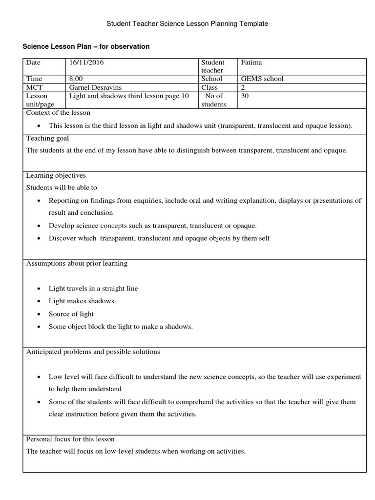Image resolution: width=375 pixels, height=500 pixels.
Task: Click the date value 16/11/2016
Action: pyautogui.click(x=86, y=62)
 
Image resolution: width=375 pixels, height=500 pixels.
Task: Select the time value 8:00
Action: pyautogui.click(x=76, y=79)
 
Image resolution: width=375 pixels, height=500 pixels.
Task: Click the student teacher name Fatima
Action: pyautogui.click(x=251, y=62)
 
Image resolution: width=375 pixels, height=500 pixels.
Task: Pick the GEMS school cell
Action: pyautogui.click(x=262, y=79)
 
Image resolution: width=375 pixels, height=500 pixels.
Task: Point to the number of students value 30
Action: pyautogui.click(x=245, y=96)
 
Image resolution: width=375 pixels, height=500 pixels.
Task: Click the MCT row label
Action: pyautogui.click(x=34, y=87)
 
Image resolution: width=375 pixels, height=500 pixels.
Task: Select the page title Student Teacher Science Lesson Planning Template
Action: pyautogui.click(x=187, y=23)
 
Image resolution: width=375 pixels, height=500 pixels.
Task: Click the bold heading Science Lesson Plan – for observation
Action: pyautogui.click(x=86, y=46)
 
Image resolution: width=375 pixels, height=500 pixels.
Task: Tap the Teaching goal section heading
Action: pyautogui.click(x=47, y=138)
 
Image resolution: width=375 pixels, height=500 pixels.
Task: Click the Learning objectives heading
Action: pyautogui.click(x=56, y=175)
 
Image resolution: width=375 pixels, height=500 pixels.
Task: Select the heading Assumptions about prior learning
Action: pyautogui.click(x=77, y=263)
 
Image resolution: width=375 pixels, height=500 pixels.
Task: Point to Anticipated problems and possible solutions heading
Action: pyautogui.click(x=93, y=352)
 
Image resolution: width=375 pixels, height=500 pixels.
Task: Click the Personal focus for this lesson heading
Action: pyautogui.click(x=70, y=439)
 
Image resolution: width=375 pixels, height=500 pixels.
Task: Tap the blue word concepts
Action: pyautogui.click(x=113, y=226)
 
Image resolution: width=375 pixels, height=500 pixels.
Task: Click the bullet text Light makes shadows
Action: pyautogui.click(x=81, y=301)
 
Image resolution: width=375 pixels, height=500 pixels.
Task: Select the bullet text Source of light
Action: pyautogui.click(x=71, y=314)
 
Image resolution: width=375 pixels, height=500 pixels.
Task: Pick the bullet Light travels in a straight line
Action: pyautogui.click(x=93, y=289)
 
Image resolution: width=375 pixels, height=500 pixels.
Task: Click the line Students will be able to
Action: pyautogui.click(x=58, y=187)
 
